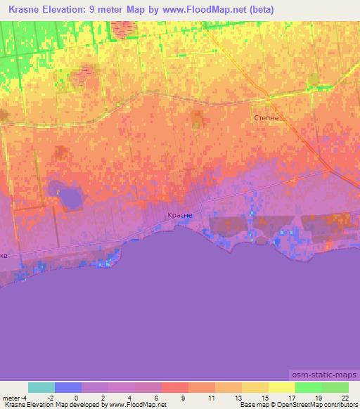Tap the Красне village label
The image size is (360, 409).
178,216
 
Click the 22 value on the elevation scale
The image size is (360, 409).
345,398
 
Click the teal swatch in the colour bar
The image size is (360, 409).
41,387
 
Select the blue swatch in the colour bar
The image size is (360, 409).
68,387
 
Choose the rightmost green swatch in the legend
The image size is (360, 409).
335,387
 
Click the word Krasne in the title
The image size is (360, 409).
26,10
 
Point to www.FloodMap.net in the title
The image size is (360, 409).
204,10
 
